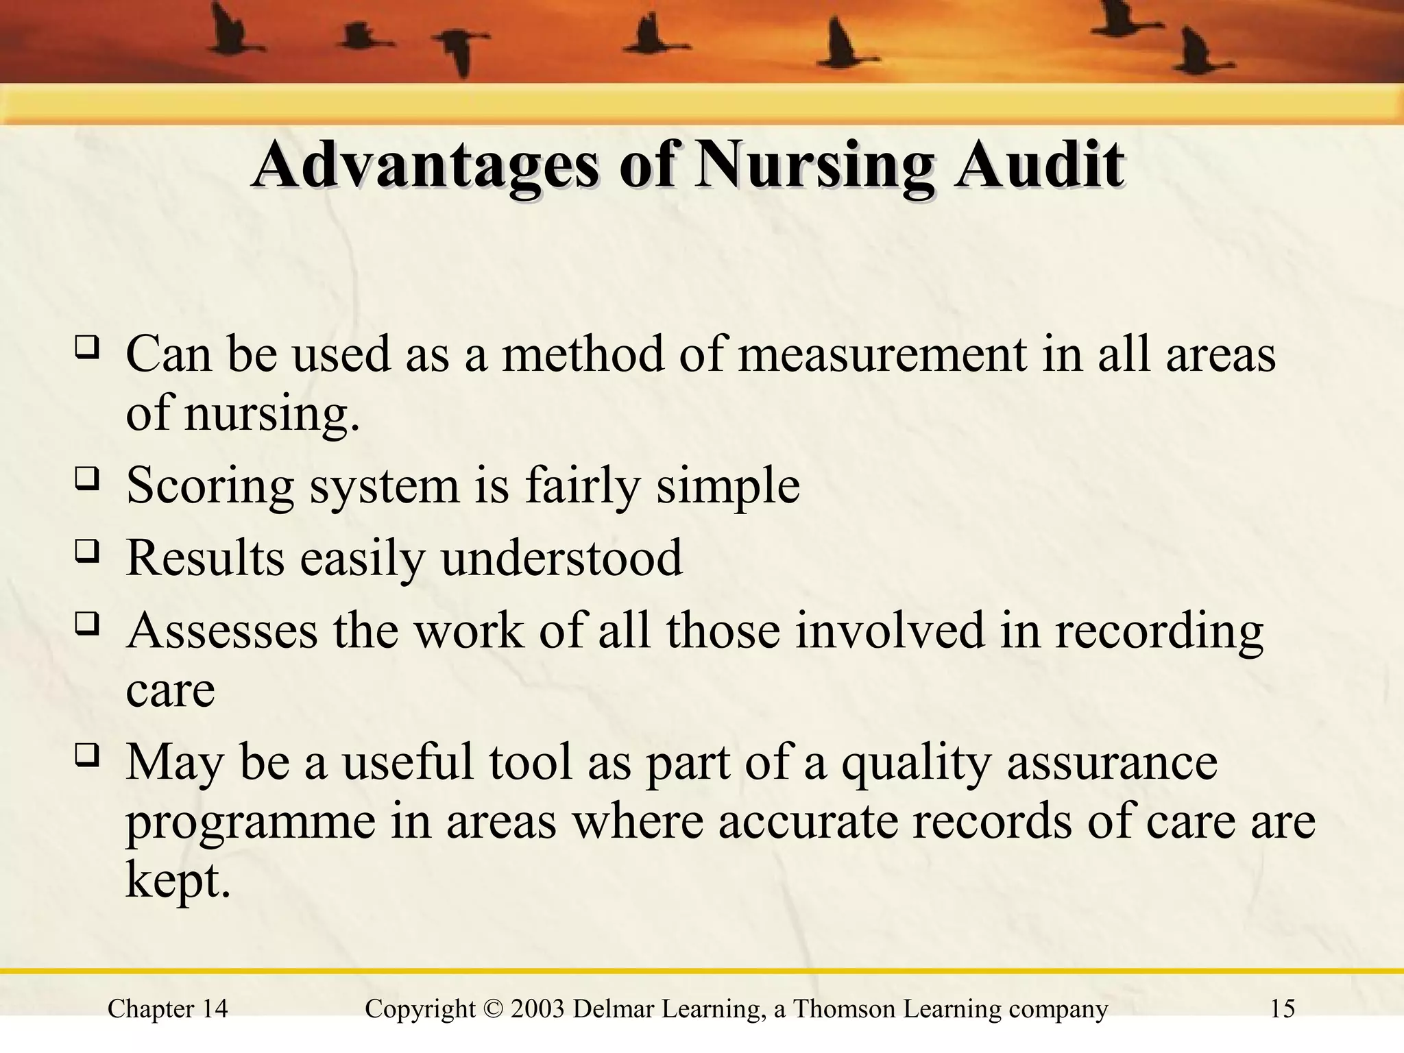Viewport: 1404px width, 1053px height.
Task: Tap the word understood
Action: [x=561, y=558]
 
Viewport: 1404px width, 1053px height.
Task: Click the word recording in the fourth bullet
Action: [x=1159, y=631]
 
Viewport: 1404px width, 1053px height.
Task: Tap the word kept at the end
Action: [x=178, y=880]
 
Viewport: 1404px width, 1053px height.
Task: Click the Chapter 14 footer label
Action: [x=168, y=1009]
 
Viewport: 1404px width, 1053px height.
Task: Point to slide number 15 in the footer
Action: [x=1283, y=1009]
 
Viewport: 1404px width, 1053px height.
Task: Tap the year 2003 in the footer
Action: [x=537, y=1009]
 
